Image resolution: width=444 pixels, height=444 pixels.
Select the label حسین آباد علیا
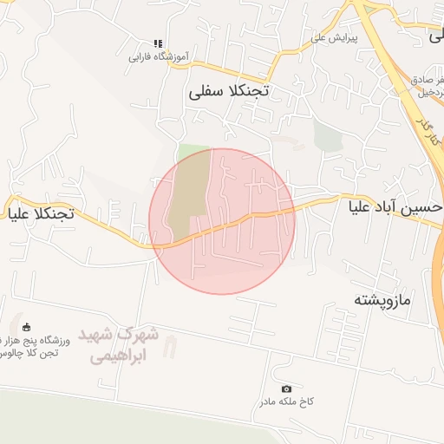(x=395, y=209)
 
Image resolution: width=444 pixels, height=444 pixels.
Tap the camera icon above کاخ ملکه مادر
(x=287, y=388)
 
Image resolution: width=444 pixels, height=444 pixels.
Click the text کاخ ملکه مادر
(x=284, y=403)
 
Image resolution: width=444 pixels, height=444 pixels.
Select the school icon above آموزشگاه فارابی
(x=157, y=43)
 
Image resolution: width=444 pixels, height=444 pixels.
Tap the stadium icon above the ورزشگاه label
(x=27, y=328)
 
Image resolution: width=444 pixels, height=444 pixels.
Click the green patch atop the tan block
(x=193, y=148)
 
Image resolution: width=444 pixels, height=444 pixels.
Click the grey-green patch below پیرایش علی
(x=328, y=135)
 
